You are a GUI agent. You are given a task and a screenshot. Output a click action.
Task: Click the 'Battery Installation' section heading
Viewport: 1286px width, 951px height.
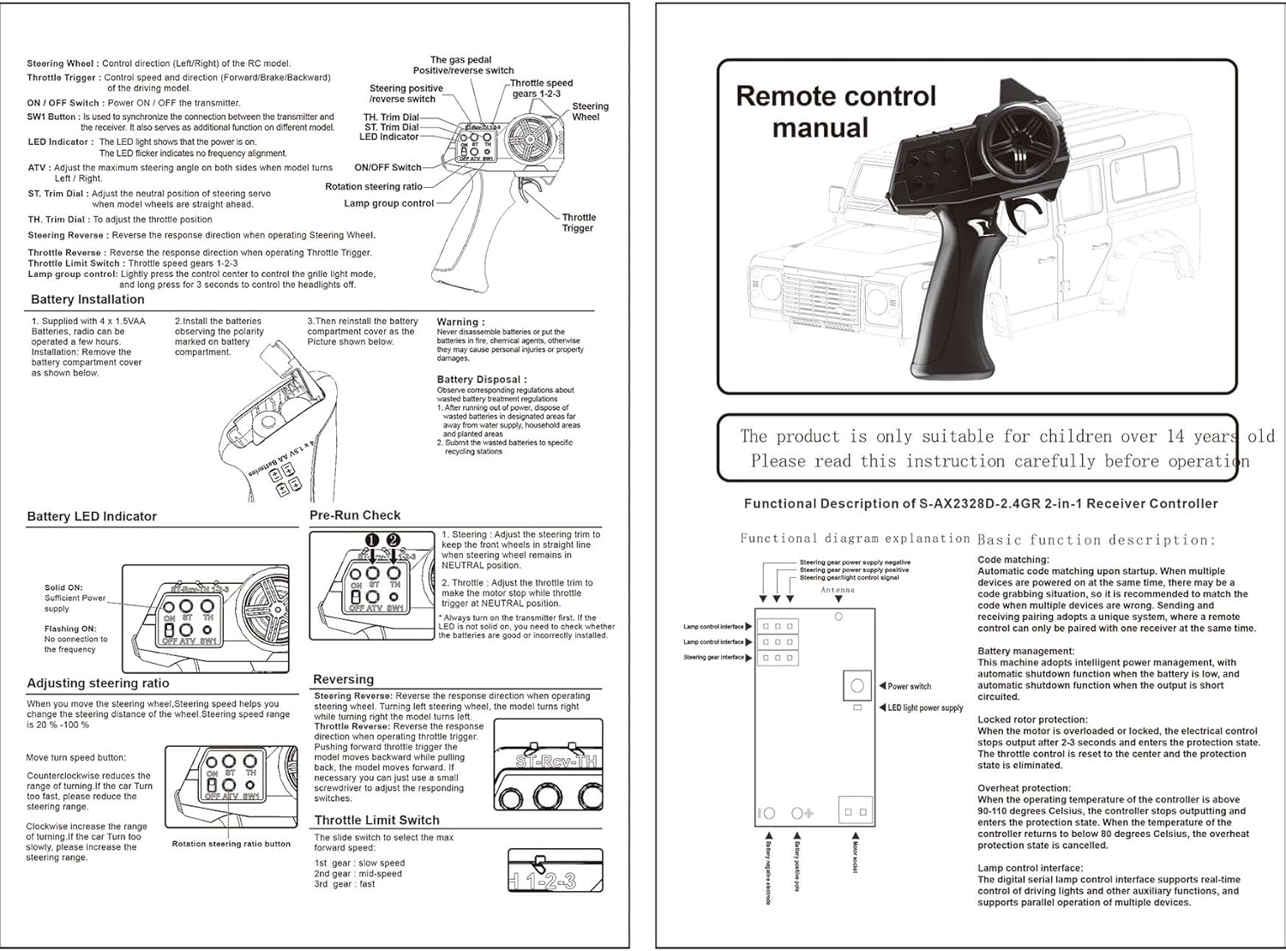click(87, 299)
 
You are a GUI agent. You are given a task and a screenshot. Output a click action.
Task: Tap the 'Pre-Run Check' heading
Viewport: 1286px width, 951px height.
click(355, 515)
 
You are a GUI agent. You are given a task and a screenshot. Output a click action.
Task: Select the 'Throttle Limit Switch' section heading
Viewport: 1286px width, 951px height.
click(376, 820)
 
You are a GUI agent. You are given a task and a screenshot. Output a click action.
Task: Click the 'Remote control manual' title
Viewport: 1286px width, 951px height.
click(835, 111)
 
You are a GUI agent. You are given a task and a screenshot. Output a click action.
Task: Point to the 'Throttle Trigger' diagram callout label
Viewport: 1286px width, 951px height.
click(579, 223)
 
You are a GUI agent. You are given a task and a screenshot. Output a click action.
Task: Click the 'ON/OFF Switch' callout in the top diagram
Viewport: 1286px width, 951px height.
click(388, 167)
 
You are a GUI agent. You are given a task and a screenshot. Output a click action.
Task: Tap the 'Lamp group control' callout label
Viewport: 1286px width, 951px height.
click(389, 203)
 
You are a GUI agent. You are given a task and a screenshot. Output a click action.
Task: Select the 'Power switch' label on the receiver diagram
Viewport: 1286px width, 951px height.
click(909, 686)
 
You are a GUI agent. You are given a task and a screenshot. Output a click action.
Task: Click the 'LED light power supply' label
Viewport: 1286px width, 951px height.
click(925, 708)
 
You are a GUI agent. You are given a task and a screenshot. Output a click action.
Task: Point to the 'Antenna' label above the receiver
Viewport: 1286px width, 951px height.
click(838, 590)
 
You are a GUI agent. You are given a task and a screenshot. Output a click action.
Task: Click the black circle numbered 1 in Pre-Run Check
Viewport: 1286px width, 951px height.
click(371, 539)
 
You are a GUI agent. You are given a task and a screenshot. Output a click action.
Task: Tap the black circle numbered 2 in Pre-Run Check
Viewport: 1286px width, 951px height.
click(393, 539)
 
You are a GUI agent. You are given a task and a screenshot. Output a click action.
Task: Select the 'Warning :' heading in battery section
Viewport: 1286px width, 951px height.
click(460, 322)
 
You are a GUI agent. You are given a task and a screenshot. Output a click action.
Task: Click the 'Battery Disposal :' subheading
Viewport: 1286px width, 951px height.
click(481, 379)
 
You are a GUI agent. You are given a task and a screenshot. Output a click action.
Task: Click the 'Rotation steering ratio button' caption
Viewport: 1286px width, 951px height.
click(231, 844)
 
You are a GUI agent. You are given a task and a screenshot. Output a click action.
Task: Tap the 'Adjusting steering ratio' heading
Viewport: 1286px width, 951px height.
click(98, 683)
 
